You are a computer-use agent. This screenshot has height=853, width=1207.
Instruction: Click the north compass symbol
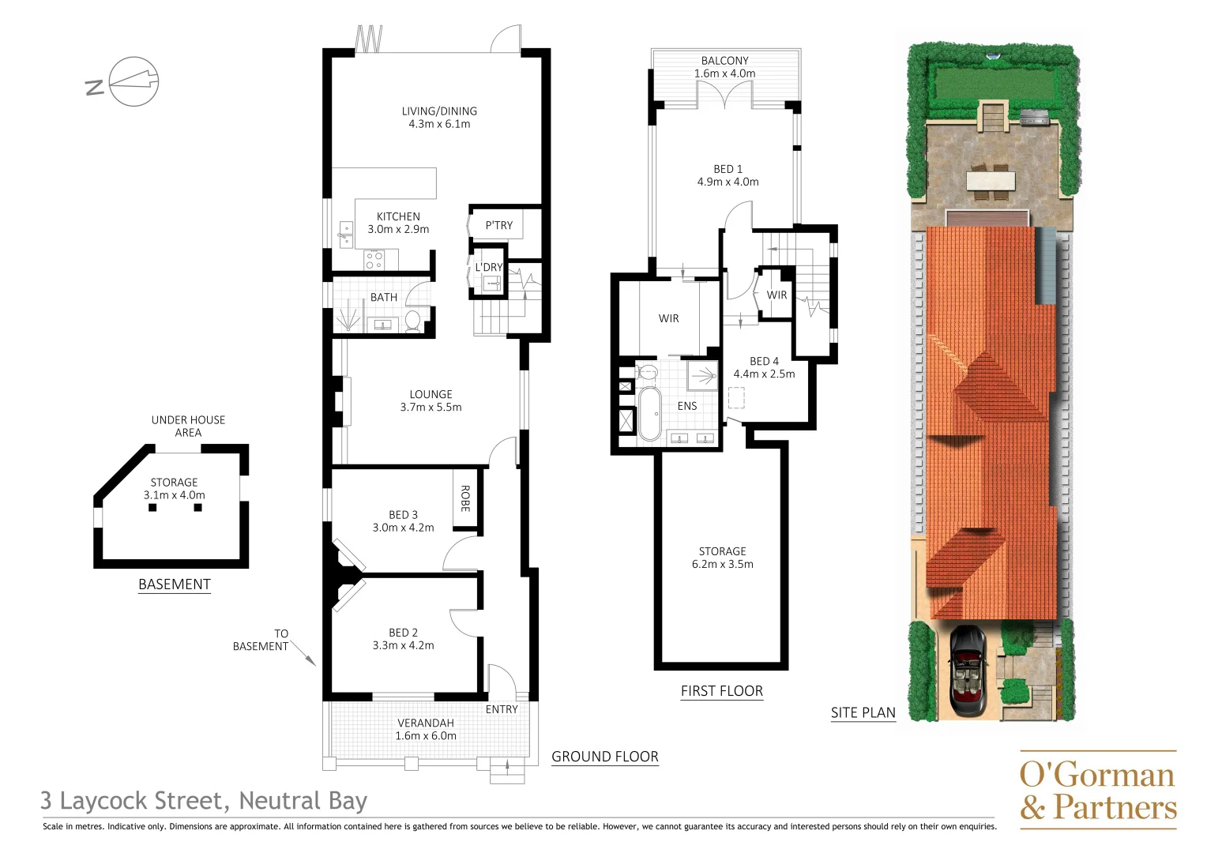(x=133, y=81)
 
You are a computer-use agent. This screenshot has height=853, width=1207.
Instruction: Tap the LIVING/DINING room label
(x=439, y=111)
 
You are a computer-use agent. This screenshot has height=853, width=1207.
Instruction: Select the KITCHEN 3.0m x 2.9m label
(x=398, y=223)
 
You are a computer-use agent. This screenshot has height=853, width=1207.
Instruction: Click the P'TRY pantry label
(x=498, y=225)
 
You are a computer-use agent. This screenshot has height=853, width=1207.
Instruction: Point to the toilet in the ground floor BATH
(x=412, y=320)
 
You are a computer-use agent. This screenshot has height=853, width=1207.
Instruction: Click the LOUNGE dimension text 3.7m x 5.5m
(x=431, y=408)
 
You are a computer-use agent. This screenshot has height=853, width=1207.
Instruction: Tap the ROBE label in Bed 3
(x=465, y=498)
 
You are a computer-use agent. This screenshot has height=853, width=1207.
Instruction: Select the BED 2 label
(x=403, y=633)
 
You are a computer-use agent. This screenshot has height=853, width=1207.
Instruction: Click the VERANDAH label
(x=425, y=723)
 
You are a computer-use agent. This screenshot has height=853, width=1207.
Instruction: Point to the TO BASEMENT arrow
(x=304, y=653)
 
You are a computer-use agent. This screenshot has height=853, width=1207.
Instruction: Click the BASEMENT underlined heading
(x=175, y=584)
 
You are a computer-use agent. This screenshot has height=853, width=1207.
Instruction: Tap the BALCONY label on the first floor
(x=724, y=61)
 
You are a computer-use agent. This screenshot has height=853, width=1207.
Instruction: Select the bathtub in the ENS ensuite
(x=649, y=412)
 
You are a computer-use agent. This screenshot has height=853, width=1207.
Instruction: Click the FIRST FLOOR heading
(x=721, y=691)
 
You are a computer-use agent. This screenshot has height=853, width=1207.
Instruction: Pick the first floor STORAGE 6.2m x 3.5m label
(x=722, y=558)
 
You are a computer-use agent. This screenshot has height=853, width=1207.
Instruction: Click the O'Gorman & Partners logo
(x=1097, y=790)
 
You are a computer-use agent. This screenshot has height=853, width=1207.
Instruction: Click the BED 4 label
(x=764, y=361)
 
